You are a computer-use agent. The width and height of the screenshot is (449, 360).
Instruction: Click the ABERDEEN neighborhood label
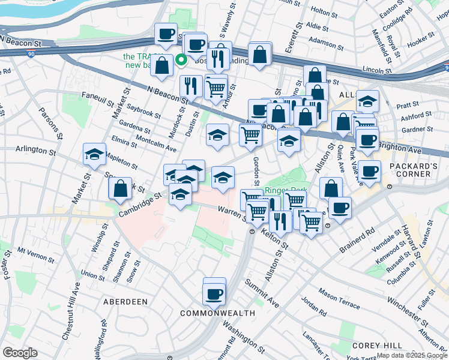point(125,301)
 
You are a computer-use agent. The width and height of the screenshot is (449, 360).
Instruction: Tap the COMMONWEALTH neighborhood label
point(217,313)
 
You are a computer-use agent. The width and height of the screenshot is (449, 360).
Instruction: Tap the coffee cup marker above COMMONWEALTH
point(214,294)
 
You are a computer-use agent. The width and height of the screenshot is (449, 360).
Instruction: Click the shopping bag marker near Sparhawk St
point(121,188)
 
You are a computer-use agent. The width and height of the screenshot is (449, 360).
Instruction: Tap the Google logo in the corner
point(20,353)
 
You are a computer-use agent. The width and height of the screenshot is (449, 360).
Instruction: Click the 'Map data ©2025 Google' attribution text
point(412,356)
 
